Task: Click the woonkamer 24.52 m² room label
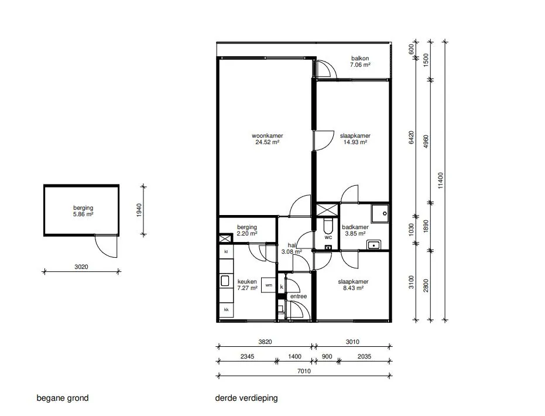pos(268,139)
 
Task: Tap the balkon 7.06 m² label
pos(360,62)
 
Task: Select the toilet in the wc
pos(328,226)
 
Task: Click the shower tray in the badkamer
pos(379,213)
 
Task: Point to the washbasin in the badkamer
pos(373,245)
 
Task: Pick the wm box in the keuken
pos(269,285)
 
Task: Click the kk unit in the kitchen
pos(227,309)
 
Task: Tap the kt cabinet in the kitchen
pos(226,251)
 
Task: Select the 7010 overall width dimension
pos(304,371)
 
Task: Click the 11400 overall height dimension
pos(440,180)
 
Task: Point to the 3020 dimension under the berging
pos(81,267)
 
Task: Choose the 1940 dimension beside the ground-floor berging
pos(139,210)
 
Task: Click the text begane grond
pos(63,398)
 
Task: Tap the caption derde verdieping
pos(246,398)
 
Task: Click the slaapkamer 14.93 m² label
pos(355,139)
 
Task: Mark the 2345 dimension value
pos(247,356)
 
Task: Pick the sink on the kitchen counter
pos(225,281)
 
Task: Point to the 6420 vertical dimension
pos(411,137)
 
